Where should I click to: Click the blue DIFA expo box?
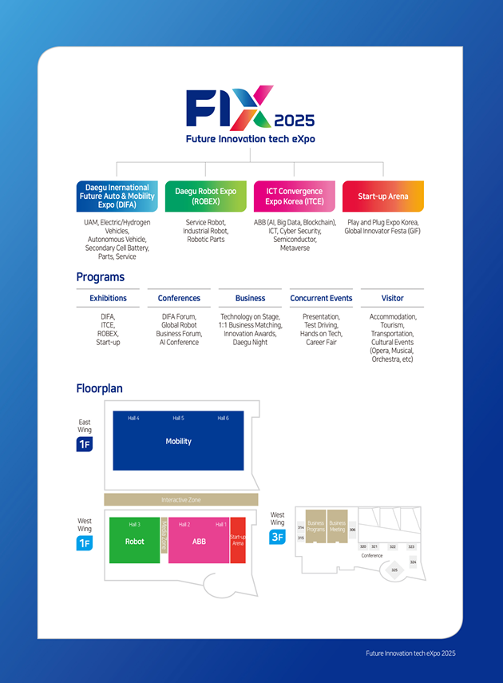pos(117,196)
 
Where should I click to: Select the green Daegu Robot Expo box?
pos(206,196)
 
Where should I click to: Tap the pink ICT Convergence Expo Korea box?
pos(295,196)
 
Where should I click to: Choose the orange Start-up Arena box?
pos(383,196)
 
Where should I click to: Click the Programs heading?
pos(101,277)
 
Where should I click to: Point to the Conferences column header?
pos(179,298)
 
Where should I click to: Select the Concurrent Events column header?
pos(321,298)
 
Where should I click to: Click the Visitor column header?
pos(392,298)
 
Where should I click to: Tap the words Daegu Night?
pos(250,343)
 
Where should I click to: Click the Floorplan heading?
pos(100,389)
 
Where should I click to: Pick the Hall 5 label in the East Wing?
pos(178,418)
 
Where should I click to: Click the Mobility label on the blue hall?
pos(178,441)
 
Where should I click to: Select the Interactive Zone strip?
pos(181,499)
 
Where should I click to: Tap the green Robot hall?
pos(134,541)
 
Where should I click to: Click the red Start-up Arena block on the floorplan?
pos(238,541)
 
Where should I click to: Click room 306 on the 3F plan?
pos(352,530)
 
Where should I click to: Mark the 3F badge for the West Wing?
pos(277,537)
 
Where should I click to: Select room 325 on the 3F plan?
pos(394,570)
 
